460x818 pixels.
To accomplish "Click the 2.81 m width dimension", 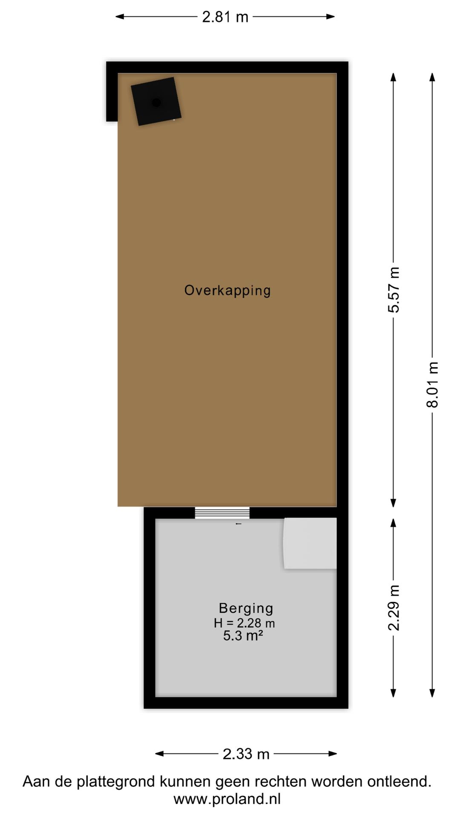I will click(225, 17).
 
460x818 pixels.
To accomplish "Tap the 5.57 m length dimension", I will click(394, 290).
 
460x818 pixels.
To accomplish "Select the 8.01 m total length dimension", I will click(432, 385).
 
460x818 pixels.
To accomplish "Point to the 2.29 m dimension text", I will click(394, 608).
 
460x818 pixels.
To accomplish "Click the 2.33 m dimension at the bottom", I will click(246, 754).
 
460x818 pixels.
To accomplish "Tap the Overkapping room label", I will click(227, 291).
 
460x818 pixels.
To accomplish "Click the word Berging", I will click(246, 608).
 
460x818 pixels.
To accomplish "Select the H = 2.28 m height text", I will click(244, 623).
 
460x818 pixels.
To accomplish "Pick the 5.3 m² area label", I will click(243, 636).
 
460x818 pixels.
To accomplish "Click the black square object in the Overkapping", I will click(156, 101).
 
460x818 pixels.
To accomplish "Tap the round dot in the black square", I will click(156, 102).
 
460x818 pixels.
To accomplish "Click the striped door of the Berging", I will click(222, 513).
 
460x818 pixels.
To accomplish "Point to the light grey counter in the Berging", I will click(310, 543).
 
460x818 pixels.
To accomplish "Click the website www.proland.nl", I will click(227, 799).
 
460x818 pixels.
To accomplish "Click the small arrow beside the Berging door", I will click(239, 524).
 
